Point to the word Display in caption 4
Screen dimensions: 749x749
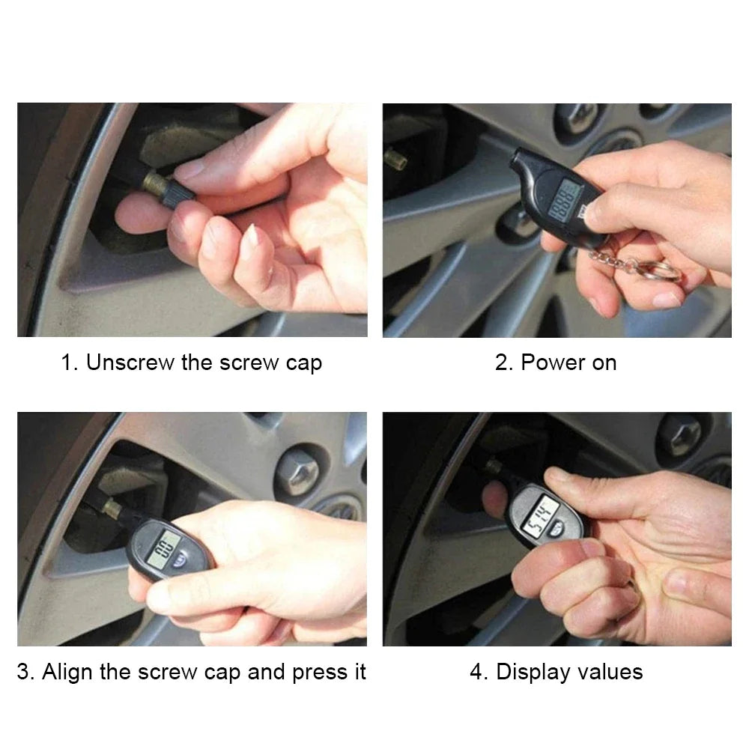pos(533,671)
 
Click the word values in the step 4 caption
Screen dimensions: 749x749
pos(609,671)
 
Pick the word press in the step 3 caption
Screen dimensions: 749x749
pos(303,671)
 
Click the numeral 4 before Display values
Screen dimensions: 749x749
pos(476,671)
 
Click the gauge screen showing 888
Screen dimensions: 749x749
pos(564,204)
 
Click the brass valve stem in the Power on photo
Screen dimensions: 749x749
pos(394,158)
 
